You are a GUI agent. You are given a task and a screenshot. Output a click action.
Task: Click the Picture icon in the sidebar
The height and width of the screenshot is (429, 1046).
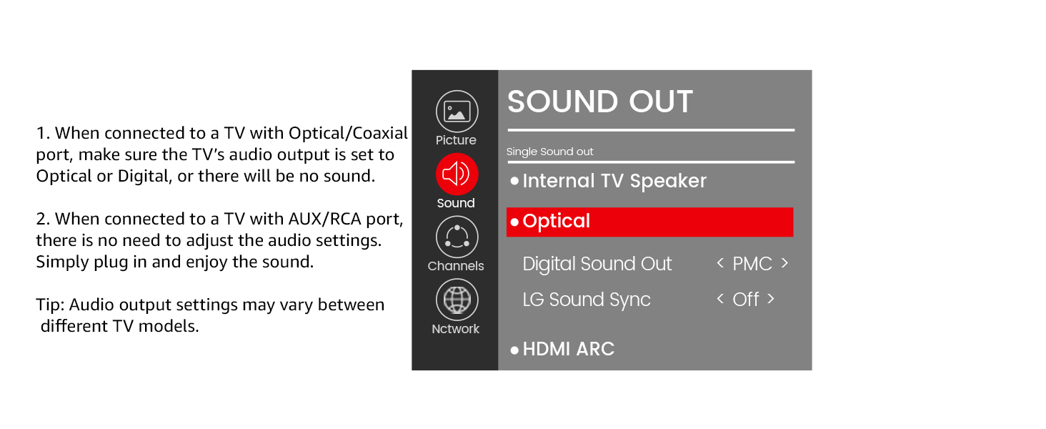pyautogui.click(x=457, y=112)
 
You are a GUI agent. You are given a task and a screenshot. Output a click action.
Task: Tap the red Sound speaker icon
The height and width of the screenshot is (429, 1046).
pyautogui.click(x=457, y=174)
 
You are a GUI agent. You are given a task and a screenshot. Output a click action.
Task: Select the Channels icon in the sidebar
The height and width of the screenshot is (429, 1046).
pyautogui.click(x=457, y=237)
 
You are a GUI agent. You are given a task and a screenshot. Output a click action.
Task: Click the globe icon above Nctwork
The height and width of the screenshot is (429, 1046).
pyautogui.click(x=457, y=300)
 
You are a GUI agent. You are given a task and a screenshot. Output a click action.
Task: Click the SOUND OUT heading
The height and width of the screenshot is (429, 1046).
pyautogui.click(x=599, y=102)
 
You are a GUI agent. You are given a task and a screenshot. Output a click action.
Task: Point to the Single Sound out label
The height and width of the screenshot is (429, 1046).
pyautogui.click(x=549, y=152)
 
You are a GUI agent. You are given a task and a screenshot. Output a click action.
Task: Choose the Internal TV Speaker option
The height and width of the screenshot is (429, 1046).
pyautogui.click(x=614, y=181)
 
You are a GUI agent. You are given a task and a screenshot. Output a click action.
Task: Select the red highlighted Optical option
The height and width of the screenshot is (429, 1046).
pyautogui.click(x=649, y=222)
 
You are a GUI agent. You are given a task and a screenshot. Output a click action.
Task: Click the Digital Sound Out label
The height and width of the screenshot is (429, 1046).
pyautogui.click(x=597, y=264)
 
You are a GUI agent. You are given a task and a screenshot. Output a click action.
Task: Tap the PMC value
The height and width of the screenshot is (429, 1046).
pyautogui.click(x=752, y=264)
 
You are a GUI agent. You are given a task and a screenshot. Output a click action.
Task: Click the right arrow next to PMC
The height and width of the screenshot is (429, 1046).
pyautogui.click(x=784, y=263)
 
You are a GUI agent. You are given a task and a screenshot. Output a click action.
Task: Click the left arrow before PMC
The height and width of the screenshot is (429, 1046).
pyautogui.click(x=720, y=263)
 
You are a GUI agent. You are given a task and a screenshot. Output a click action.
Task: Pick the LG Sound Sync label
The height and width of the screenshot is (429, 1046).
pyautogui.click(x=586, y=299)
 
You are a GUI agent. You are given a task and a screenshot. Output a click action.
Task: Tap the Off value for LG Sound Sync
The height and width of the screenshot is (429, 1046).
pyautogui.click(x=745, y=299)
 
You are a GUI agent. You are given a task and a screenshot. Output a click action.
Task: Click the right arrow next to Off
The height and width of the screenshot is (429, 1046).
pyautogui.click(x=771, y=298)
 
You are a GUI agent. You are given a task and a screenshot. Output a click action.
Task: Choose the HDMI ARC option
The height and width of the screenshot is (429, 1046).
pyautogui.click(x=568, y=349)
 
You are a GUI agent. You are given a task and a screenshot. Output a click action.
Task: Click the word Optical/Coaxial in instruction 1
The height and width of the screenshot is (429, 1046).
pyautogui.click(x=348, y=133)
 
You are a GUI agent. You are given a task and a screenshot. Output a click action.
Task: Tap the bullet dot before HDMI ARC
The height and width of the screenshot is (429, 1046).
pyautogui.click(x=514, y=350)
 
